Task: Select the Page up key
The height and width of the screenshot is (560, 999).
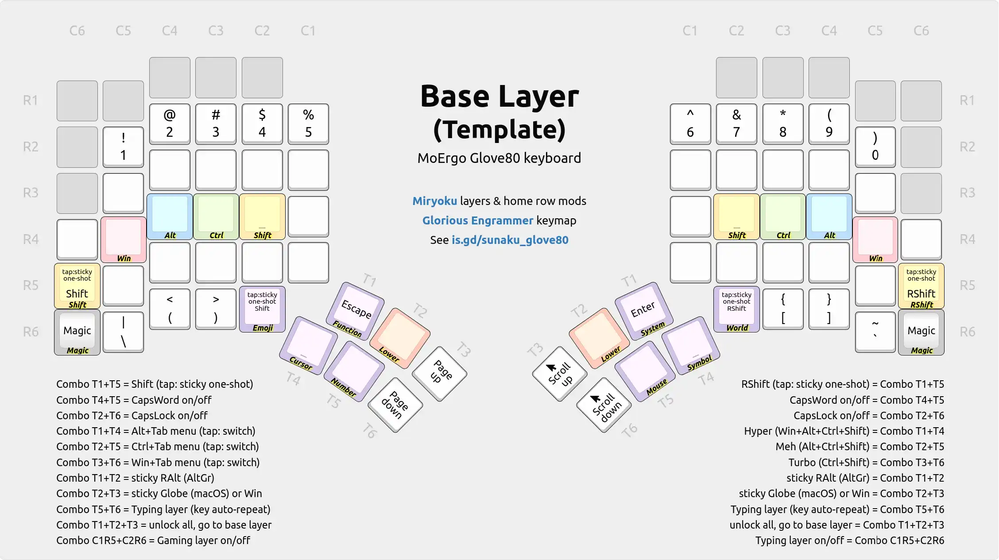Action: tap(440, 373)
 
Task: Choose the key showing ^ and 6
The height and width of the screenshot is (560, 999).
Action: tap(690, 124)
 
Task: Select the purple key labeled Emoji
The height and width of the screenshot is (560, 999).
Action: tap(262, 309)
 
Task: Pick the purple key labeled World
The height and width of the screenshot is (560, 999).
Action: tap(736, 309)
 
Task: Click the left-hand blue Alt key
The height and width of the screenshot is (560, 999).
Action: tap(170, 216)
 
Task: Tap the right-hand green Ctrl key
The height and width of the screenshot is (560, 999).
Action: tap(782, 216)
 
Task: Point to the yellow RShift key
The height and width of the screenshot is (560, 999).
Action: tap(921, 286)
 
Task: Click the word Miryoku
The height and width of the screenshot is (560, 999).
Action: tap(434, 201)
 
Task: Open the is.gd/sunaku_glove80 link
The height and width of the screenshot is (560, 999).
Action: tap(510, 240)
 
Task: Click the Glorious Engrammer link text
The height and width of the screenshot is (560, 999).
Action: tap(477, 220)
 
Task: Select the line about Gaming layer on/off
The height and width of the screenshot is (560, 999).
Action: tap(153, 541)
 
